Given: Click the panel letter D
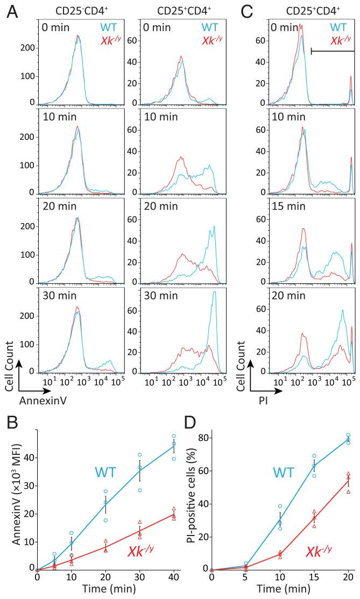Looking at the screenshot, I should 197,418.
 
